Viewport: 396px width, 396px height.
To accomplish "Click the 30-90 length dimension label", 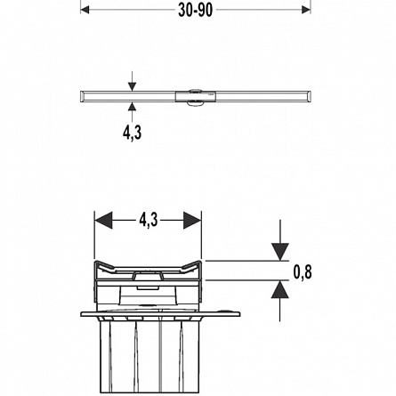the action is coord(195,10).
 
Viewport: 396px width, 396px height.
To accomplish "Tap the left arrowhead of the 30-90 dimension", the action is coord(85,10).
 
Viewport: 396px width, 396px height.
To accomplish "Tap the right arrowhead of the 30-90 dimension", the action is coord(306,10).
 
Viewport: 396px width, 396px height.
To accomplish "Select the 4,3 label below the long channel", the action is coord(132,133).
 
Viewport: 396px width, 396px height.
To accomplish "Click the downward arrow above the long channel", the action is coord(133,81).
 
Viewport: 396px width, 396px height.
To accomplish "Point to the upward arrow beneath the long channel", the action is coord(133,111).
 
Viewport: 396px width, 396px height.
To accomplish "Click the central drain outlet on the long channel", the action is coord(196,96).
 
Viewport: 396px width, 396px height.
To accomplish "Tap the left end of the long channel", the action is coord(81,97).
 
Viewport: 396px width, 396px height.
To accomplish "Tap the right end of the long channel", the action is coord(310,97).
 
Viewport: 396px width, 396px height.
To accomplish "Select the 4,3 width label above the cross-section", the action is coord(149,220).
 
